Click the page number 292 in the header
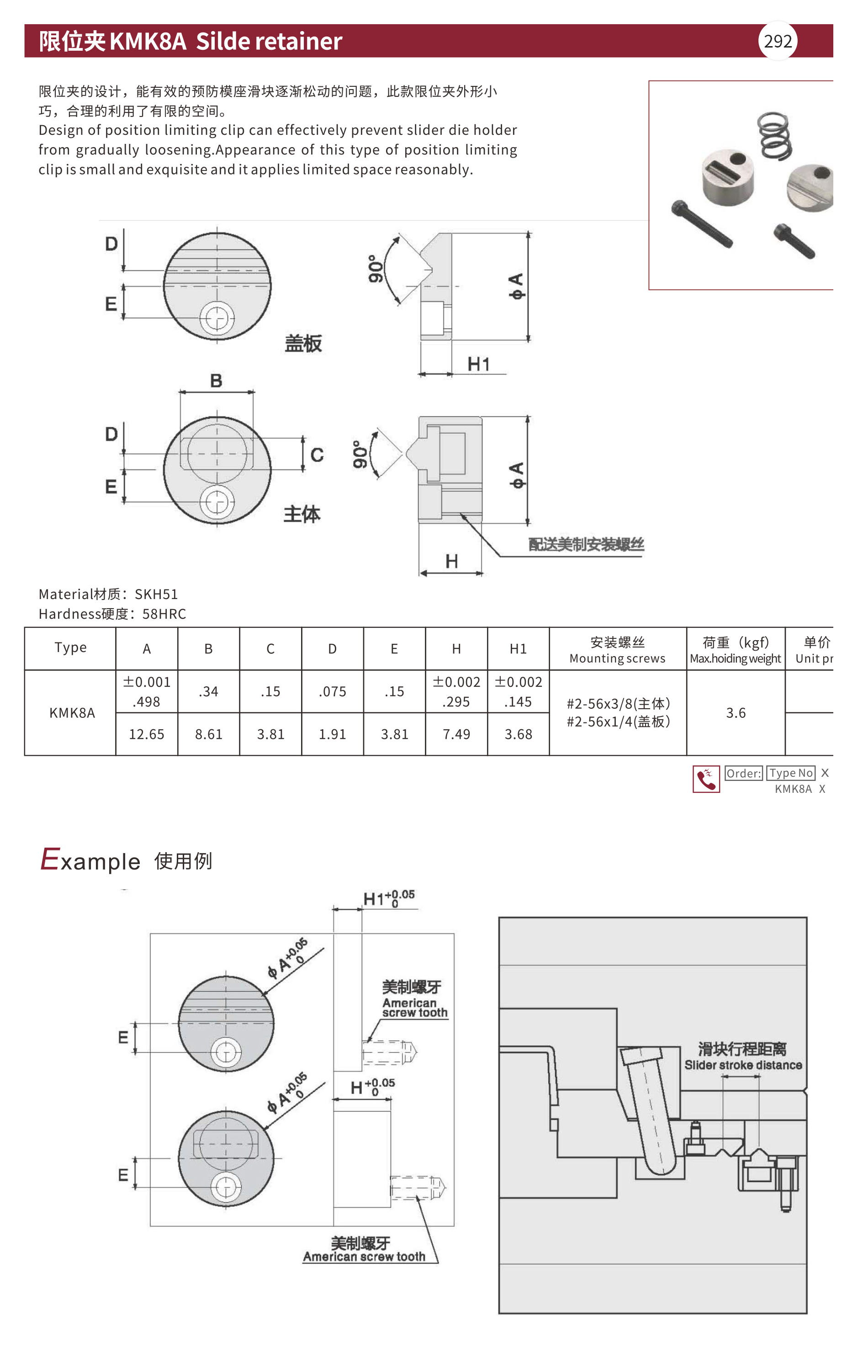[778, 41]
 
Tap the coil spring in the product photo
[775, 135]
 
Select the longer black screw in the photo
[702, 223]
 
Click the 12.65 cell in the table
[147, 734]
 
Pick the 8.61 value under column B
[208, 734]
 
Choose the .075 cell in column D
[332, 692]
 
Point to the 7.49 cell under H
[456, 734]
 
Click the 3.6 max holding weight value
[736, 713]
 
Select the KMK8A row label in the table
[72, 713]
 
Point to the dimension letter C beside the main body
[317, 455]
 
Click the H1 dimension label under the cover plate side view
[479, 364]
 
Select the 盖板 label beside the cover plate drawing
[303, 343]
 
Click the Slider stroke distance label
[743, 1065]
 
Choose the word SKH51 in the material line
[156, 594]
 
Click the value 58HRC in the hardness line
[164, 614]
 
